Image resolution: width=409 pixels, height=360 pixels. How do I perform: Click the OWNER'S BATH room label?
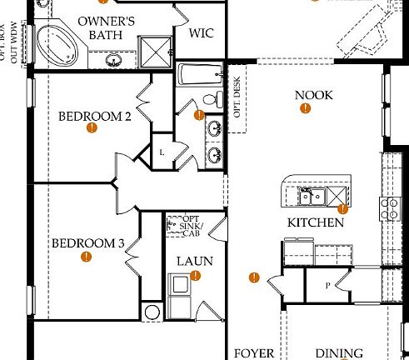tap(107, 27)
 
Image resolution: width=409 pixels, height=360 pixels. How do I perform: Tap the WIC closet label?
tap(202, 33)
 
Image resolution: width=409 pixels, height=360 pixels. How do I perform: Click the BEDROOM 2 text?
tap(94, 116)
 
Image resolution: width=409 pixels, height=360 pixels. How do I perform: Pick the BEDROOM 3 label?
tap(87, 243)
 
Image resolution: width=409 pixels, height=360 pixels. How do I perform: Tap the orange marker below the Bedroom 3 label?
tap(85, 258)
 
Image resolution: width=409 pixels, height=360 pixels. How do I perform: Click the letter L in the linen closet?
tap(162, 152)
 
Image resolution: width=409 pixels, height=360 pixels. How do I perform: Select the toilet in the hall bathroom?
tap(216, 98)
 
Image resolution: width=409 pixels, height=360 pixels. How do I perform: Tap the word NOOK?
tap(313, 95)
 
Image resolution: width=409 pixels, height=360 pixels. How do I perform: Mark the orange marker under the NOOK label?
tap(305, 108)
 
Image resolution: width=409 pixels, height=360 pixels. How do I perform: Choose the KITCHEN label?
tap(316, 222)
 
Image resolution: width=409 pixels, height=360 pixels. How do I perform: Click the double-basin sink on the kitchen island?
tap(312, 196)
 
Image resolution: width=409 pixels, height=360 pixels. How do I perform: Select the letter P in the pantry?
tap(327, 285)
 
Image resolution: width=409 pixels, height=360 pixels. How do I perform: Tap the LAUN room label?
tap(194, 261)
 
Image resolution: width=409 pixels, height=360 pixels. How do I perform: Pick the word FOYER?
tap(253, 353)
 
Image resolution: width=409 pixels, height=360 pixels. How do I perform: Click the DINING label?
tap(339, 353)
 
